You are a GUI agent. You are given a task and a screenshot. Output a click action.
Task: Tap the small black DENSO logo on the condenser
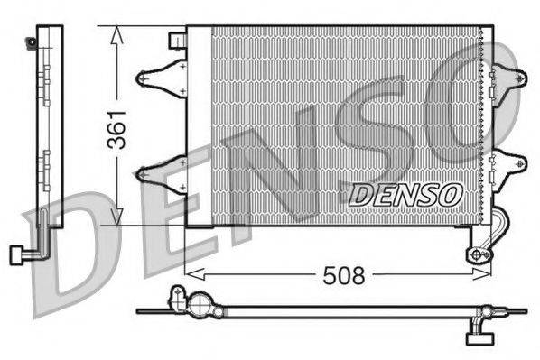(405, 193)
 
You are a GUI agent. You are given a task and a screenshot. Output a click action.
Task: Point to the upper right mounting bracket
(507, 78)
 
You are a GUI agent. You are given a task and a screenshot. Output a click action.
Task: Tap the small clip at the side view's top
(33, 41)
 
